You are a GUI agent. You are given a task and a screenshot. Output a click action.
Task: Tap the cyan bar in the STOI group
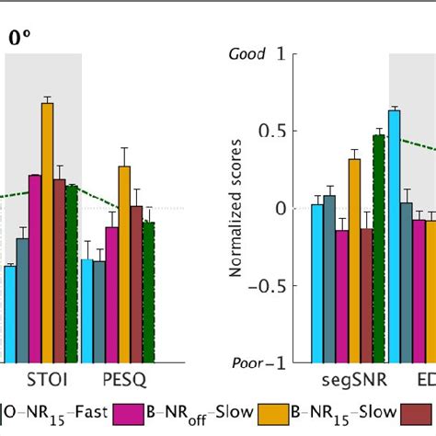(10, 313)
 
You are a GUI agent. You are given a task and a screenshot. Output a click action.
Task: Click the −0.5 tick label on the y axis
(261, 285)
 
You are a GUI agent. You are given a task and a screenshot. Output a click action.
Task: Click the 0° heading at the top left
(19, 38)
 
